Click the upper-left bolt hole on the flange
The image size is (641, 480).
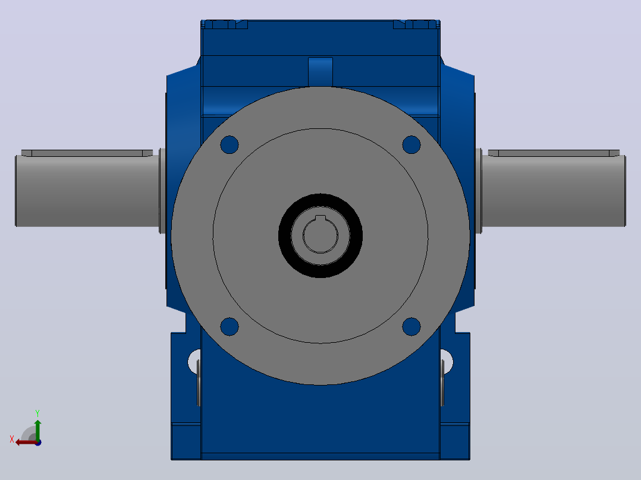230,144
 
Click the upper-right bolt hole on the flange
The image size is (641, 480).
411,144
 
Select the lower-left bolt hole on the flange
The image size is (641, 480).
230,326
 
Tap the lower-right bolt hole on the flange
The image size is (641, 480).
411,326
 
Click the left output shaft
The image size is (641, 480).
87,191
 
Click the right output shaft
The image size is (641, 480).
554,191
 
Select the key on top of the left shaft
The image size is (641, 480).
87,153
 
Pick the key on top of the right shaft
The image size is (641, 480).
554,153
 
